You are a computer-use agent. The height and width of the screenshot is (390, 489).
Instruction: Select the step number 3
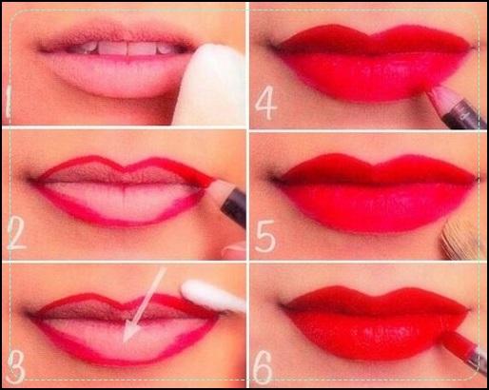tap(16, 367)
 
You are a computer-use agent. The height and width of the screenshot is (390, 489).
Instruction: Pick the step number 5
tap(265, 236)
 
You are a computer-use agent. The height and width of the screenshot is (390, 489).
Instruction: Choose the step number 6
tap(264, 368)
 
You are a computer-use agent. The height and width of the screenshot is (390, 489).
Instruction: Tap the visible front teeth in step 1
tap(125, 49)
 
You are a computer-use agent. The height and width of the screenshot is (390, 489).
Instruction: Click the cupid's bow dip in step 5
tap(374, 165)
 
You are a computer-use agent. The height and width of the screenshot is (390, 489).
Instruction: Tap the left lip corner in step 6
tap(284, 306)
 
